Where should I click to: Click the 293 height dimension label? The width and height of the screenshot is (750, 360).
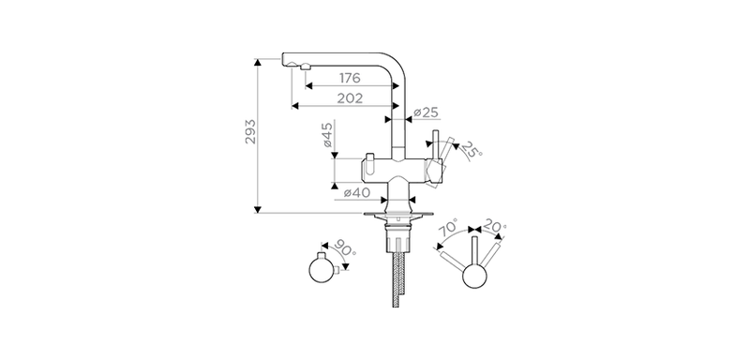[250, 131]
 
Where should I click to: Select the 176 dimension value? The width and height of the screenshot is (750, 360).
[350, 78]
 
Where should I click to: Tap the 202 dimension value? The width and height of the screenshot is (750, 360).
[350, 98]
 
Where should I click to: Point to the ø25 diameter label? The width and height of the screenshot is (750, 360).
[426, 112]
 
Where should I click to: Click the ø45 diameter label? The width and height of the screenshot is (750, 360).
[326, 134]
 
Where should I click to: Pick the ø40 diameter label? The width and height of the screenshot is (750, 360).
[357, 193]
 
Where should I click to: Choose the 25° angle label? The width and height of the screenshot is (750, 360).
[472, 150]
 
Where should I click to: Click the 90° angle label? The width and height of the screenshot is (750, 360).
[344, 248]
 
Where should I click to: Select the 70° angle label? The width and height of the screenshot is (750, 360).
[449, 227]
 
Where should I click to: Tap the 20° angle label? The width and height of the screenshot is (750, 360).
[495, 225]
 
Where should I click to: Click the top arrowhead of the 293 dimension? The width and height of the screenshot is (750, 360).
[257, 62]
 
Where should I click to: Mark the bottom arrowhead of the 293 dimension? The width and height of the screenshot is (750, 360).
[257, 209]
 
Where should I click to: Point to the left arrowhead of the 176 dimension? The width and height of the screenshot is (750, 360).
[308, 86]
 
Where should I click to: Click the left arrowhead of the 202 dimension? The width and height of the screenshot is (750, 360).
[295, 106]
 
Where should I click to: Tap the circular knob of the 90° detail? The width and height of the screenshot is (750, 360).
[322, 270]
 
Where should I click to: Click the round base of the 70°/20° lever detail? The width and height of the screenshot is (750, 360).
[474, 276]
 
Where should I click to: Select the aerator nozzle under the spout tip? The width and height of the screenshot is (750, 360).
[304, 68]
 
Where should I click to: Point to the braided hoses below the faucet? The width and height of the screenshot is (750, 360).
[398, 279]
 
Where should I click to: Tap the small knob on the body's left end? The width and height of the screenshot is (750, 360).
[369, 157]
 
